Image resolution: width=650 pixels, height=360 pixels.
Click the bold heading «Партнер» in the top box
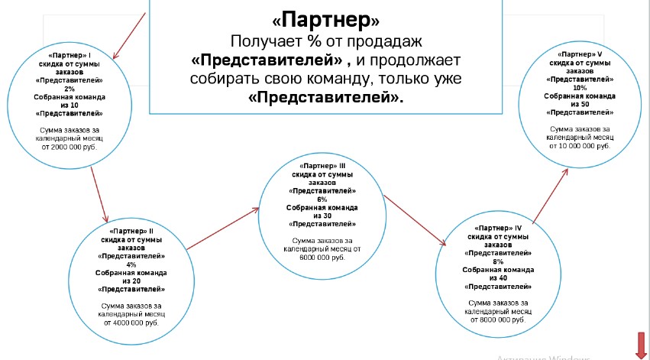click(x=325, y=18)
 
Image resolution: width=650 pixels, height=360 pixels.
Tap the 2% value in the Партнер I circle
click(x=70, y=89)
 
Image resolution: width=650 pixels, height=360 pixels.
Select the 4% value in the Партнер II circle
click(x=131, y=264)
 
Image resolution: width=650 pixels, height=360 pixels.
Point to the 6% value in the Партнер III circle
click(x=322, y=199)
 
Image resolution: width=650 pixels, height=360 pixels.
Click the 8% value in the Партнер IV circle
click(x=498, y=261)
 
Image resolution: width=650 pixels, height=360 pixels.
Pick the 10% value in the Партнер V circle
click(x=579, y=88)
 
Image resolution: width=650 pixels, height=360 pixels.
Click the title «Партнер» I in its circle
click(x=70, y=56)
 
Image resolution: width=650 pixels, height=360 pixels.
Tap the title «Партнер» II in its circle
click(x=131, y=231)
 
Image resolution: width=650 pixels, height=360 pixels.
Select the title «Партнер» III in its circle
click(x=322, y=166)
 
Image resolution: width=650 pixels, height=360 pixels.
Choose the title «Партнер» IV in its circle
click(x=498, y=228)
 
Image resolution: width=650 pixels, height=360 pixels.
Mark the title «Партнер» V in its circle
click(x=579, y=55)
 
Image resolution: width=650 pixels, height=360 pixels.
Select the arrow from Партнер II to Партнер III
click(x=222, y=229)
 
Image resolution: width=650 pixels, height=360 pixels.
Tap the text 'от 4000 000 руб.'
click(x=131, y=323)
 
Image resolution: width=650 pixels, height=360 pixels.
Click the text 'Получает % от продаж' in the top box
click(x=326, y=40)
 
